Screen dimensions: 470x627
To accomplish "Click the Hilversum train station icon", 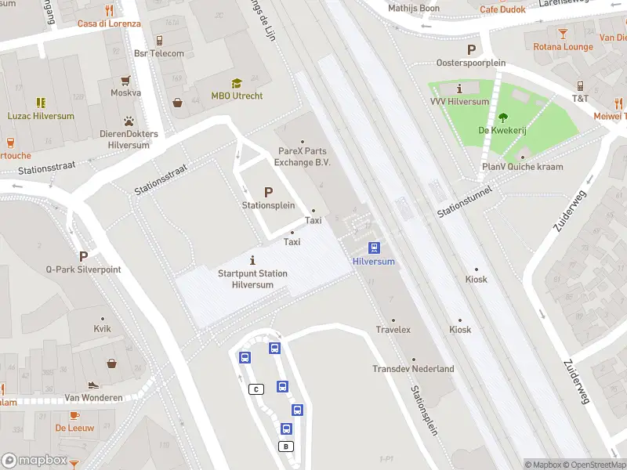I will point(374,248).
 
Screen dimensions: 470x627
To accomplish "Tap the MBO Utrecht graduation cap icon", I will point(237,83).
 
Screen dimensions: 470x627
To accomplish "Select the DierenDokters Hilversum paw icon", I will point(128,121).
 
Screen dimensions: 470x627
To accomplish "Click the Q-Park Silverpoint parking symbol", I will point(83,256).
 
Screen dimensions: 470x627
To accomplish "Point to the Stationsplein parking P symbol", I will point(268,192).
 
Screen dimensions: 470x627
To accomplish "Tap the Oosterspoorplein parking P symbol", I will point(471,49).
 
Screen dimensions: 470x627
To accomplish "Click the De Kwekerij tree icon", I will point(502,117).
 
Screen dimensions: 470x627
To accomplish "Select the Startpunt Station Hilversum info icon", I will point(252,260).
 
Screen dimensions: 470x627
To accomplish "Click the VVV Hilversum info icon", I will point(459,89).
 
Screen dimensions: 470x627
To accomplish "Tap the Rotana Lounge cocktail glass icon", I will point(563,33).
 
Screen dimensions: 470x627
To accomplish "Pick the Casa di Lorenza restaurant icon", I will point(109,10).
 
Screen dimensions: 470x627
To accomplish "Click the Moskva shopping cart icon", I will point(125,80).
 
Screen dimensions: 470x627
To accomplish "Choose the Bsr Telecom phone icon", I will point(159,40).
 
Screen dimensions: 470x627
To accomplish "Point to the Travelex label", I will point(393,330).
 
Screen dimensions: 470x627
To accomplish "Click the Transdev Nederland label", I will point(413,369).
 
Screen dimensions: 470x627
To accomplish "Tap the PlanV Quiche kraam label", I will point(522,167).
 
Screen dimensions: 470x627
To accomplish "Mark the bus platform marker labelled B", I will point(286,446).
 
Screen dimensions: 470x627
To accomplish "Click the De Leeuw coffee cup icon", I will point(74,415).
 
